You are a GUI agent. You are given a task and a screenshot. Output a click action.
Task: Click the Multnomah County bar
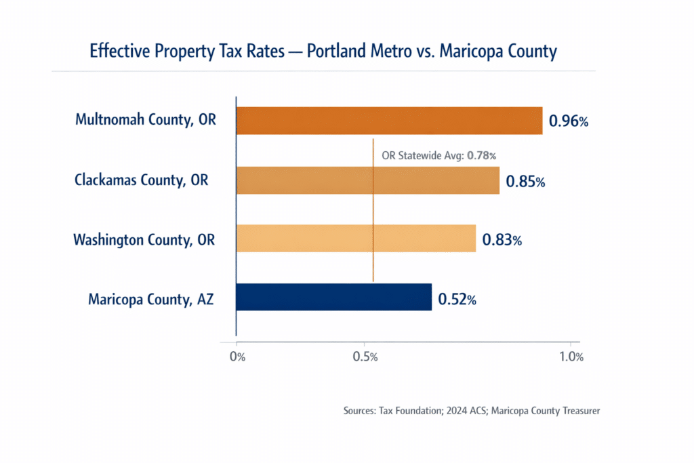[x=389, y=121]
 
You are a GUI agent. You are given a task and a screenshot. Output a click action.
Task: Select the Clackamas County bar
[x=368, y=180]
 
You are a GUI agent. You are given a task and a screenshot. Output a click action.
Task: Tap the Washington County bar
[x=356, y=238]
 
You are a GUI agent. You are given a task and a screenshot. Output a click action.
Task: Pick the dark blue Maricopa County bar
[x=333, y=297]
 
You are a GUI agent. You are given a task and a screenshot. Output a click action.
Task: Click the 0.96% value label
[x=569, y=122]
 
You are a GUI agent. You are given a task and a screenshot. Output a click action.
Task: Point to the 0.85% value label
[x=525, y=182]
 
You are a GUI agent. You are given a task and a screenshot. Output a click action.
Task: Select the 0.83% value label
[x=502, y=240]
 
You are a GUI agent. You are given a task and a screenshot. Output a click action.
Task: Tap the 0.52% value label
[x=457, y=299]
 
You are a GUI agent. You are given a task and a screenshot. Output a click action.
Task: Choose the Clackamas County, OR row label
[x=141, y=180]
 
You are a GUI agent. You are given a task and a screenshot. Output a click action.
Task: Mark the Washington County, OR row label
[x=144, y=239]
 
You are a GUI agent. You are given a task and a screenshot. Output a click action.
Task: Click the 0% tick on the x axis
[x=237, y=357]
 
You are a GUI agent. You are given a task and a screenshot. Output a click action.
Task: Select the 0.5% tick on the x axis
[x=365, y=357]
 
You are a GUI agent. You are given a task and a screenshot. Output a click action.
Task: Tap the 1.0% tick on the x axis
[x=570, y=357]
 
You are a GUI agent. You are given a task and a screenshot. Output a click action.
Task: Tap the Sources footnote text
[x=472, y=411]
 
